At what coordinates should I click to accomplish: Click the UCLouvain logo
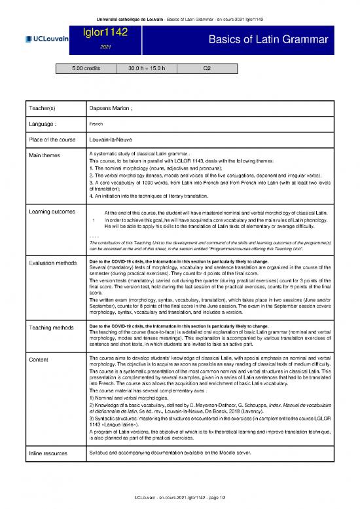(46, 39)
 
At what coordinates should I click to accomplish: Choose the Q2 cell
(207, 67)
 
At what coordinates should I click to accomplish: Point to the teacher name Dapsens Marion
(111, 108)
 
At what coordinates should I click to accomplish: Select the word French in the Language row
(96, 123)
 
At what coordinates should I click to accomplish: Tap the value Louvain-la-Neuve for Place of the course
(113, 139)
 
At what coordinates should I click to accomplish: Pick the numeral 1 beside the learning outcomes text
(95, 220)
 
